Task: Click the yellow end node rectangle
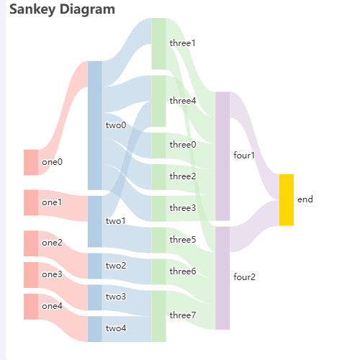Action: [287, 200]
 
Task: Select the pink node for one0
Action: [31, 163]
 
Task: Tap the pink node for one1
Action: [31, 202]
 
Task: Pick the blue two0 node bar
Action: [95, 125]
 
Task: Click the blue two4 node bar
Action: [95, 329]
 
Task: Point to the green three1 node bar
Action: [158, 44]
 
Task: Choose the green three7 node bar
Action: [158, 316]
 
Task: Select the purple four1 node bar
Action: [222, 156]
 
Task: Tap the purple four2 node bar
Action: [222, 278]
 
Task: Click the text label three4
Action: [183, 101]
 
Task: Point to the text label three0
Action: [183, 145]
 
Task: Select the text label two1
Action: [116, 221]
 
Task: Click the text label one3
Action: [52, 274]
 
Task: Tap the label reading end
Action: [305, 199]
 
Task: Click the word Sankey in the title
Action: [32, 10]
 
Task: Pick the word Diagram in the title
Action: [87, 10]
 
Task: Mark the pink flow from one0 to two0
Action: [63, 118]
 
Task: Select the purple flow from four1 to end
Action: [254, 146]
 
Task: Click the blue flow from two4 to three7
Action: [127, 329]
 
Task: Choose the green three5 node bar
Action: [158, 240]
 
